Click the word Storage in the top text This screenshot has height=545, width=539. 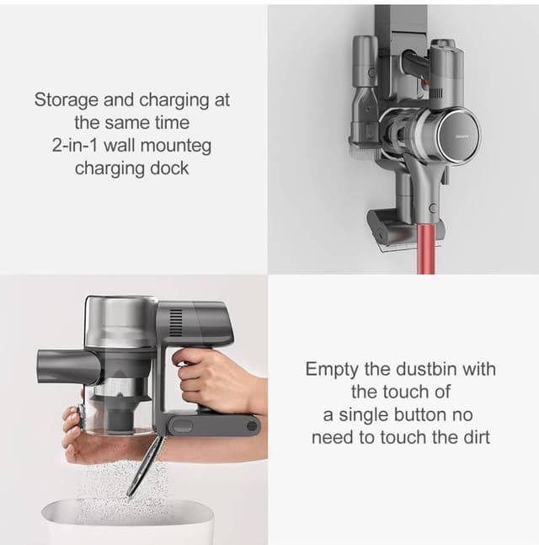(64, 99)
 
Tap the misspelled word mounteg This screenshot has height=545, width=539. (176, 145)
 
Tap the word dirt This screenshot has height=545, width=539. (472, 437)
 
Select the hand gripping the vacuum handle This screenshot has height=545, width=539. (206, 379)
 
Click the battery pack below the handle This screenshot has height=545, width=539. (211, 422)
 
